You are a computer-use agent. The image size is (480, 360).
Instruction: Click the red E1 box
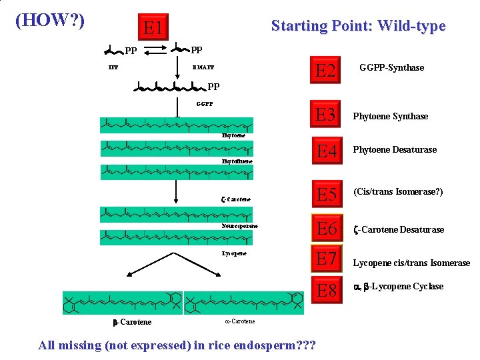[x=154, y=29]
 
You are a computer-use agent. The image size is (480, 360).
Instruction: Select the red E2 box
[x=326, y=70]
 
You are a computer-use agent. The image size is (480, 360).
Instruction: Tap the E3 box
[x=326, y=115]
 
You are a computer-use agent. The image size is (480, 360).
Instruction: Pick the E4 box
[x=326, y=151]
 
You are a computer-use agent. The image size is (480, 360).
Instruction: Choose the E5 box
[x=326, y=195]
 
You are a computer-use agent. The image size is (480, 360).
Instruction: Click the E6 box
[x=326, y=229]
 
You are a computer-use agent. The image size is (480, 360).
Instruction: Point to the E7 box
[x=326, y=258]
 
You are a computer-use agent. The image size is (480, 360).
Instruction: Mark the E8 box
[x=326, y=291]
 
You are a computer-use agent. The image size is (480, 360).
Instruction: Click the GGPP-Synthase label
[x=391, y=67]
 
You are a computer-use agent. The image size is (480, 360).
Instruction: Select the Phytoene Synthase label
[x=390, y=117]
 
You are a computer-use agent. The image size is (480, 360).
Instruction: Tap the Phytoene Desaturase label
[x=395, y=150]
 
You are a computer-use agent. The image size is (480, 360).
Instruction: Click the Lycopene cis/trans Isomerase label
[x=411, y=263]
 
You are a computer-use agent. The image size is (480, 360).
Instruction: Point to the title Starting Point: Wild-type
[x=358, y=26]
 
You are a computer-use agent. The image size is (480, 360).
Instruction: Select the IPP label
[x=113, y=67]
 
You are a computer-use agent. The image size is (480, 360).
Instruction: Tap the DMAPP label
[x=203, y=67]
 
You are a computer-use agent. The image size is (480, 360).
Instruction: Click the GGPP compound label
[x=205, y=104]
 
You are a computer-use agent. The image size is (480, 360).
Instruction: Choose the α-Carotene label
[x=240, y=321]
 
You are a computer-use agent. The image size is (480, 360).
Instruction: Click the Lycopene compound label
[x=233, y=253]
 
